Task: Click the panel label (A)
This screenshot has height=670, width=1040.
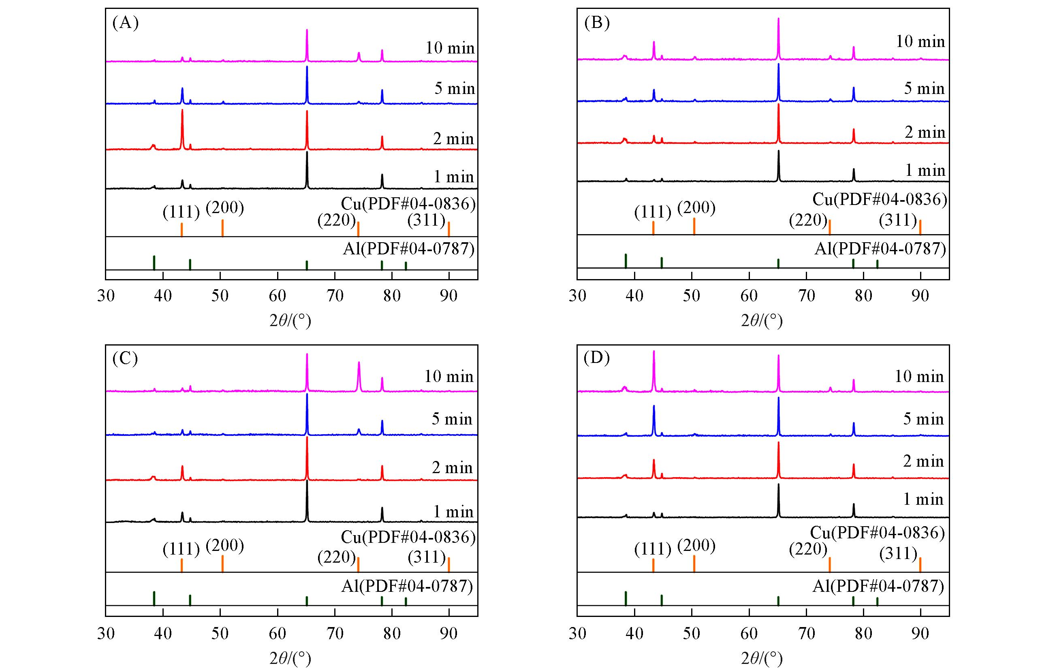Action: [x=125, y=22]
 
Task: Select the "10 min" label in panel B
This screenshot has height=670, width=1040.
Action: [x=920, y=41]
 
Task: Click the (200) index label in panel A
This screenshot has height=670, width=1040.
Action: [x=224, y=208]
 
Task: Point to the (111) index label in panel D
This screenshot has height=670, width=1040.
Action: [x=653, y=549]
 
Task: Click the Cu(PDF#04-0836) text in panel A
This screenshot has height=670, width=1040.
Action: [x=408, y=203]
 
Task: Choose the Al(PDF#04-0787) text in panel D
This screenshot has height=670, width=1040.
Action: [x=878, y=586]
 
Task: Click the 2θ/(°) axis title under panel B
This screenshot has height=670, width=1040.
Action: [x=762, y=321]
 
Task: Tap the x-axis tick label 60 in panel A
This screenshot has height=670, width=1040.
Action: [x=277, y=296]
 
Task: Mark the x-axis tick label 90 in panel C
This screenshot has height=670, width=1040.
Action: [x=448, y=634]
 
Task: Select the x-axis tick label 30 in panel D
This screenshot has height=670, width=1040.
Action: [x=577, y=634]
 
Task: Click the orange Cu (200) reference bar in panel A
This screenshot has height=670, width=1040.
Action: [x=222, y=228]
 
